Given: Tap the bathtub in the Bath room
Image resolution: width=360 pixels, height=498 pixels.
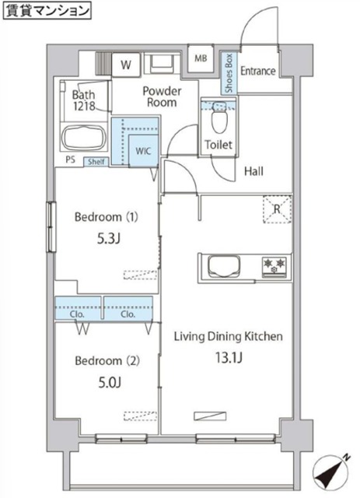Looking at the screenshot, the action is coord(84,138).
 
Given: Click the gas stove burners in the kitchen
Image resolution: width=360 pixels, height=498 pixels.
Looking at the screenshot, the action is coord(274,265).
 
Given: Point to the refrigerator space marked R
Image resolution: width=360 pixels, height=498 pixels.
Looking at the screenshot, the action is coord(277,209).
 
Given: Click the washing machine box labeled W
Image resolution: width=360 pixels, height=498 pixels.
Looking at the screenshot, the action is coord(126,65).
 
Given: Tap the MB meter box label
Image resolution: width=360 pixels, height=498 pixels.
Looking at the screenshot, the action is coord(201,58).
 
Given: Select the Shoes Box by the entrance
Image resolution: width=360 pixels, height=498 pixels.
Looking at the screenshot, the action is coord(229,73).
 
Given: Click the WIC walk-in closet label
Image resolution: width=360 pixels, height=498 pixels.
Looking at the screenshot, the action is coord(143,151).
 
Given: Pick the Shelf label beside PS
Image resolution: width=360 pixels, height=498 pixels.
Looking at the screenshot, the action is coord(96,162).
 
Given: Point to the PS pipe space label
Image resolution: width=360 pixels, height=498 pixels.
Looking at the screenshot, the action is coord(71,160).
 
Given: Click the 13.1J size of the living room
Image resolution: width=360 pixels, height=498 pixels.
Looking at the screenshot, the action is coord(229,358).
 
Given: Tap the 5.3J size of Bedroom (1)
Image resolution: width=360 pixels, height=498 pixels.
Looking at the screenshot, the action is coord(109,239).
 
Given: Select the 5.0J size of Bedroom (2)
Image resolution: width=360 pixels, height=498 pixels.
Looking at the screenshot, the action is coord(110,383).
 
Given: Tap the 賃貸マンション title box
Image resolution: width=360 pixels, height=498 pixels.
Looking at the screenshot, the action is coord(47,10).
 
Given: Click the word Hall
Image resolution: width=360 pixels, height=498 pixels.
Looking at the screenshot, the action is coord(253,171).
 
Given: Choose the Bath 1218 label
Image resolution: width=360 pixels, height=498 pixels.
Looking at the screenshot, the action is coord(84,100).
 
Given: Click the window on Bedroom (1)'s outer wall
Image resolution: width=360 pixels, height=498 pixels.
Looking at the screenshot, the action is coord(51,227).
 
